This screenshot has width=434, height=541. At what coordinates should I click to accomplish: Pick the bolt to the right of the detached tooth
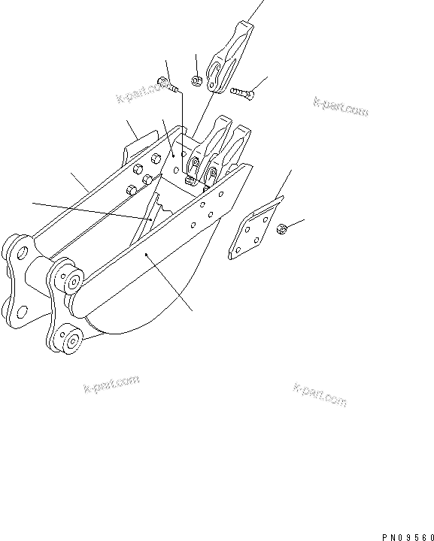241,94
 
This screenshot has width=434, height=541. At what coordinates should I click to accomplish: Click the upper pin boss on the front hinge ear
73,283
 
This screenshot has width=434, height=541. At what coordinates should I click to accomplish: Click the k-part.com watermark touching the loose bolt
141,94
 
